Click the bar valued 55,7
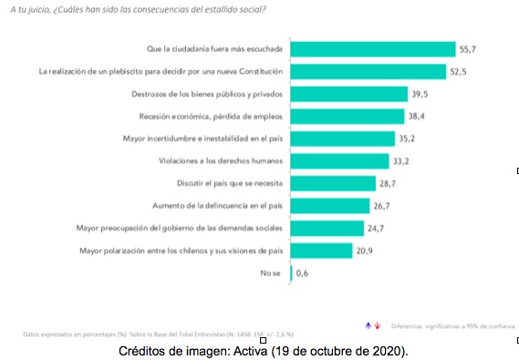pos(372,48)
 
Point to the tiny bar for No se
pos(291,273)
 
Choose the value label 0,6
pos(302,273)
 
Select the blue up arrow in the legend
pos(368,324)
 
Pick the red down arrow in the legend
pos(376,324)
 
